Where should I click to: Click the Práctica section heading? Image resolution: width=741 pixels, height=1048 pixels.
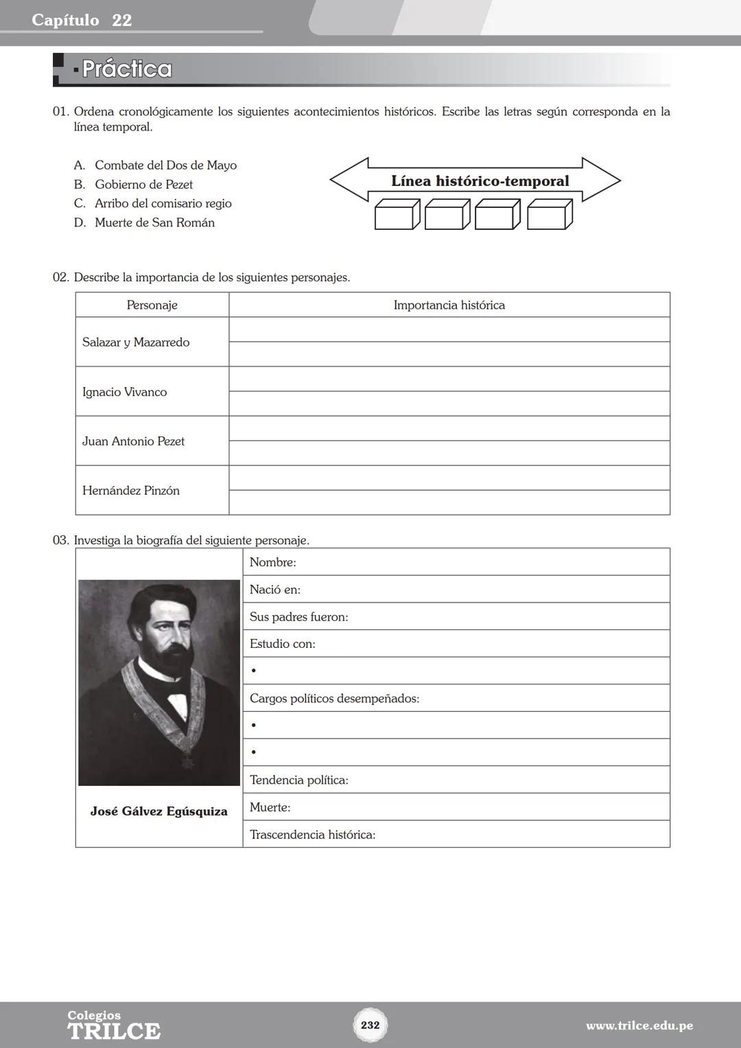coord(127,69)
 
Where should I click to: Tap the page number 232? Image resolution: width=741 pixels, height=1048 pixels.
coord(370,1025)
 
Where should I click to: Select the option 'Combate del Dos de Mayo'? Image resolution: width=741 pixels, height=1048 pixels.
coord(165,165)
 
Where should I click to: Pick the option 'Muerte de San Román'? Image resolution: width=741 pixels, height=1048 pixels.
coord(154,223)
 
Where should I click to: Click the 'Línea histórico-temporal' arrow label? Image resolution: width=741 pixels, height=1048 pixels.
coord(480,181)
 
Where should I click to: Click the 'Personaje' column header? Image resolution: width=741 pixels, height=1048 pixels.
coord(152,305)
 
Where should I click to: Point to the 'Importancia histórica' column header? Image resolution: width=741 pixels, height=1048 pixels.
coord(449,305)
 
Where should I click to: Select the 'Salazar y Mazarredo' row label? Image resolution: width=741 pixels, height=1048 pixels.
coord(136,342)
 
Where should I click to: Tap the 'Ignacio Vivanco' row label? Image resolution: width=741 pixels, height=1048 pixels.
coord(124,392)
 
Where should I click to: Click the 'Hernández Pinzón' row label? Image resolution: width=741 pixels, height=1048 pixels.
coord(130,491)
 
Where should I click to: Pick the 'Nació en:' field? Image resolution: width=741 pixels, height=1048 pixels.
coord(275,590)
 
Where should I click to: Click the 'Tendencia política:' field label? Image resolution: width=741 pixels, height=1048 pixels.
coord(299,780)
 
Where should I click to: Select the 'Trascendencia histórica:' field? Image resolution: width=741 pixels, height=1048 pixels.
coord(312,835)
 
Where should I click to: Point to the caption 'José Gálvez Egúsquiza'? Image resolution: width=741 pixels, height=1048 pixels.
coord(158,812)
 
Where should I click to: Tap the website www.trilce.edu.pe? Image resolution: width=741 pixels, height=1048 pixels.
coord(639,1026)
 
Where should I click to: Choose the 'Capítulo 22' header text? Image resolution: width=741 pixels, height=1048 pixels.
coord(82,21)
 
